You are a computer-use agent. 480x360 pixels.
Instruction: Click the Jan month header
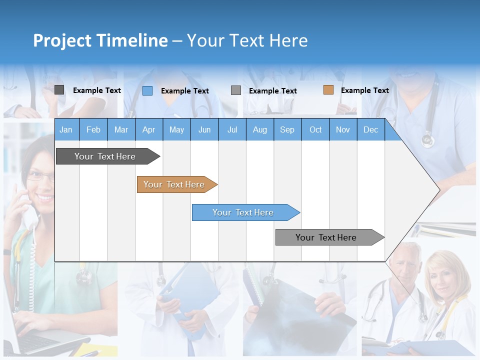66,130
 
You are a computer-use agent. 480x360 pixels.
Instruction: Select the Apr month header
148,130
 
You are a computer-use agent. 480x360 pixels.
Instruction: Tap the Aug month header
259,130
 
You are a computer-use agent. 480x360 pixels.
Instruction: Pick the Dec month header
370,130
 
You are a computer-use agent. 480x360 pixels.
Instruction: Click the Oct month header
315,130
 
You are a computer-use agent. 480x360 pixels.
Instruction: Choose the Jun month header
204,130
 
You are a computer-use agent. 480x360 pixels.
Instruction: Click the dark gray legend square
59,90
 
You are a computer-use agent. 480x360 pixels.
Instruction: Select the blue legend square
147,90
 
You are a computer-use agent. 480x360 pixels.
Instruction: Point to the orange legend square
328,90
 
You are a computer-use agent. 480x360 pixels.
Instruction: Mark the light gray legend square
236,90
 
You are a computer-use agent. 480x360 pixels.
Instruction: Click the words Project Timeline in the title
100,40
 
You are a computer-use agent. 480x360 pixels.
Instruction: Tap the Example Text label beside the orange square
364,90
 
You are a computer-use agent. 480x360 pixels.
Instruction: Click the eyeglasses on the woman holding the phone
40,176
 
